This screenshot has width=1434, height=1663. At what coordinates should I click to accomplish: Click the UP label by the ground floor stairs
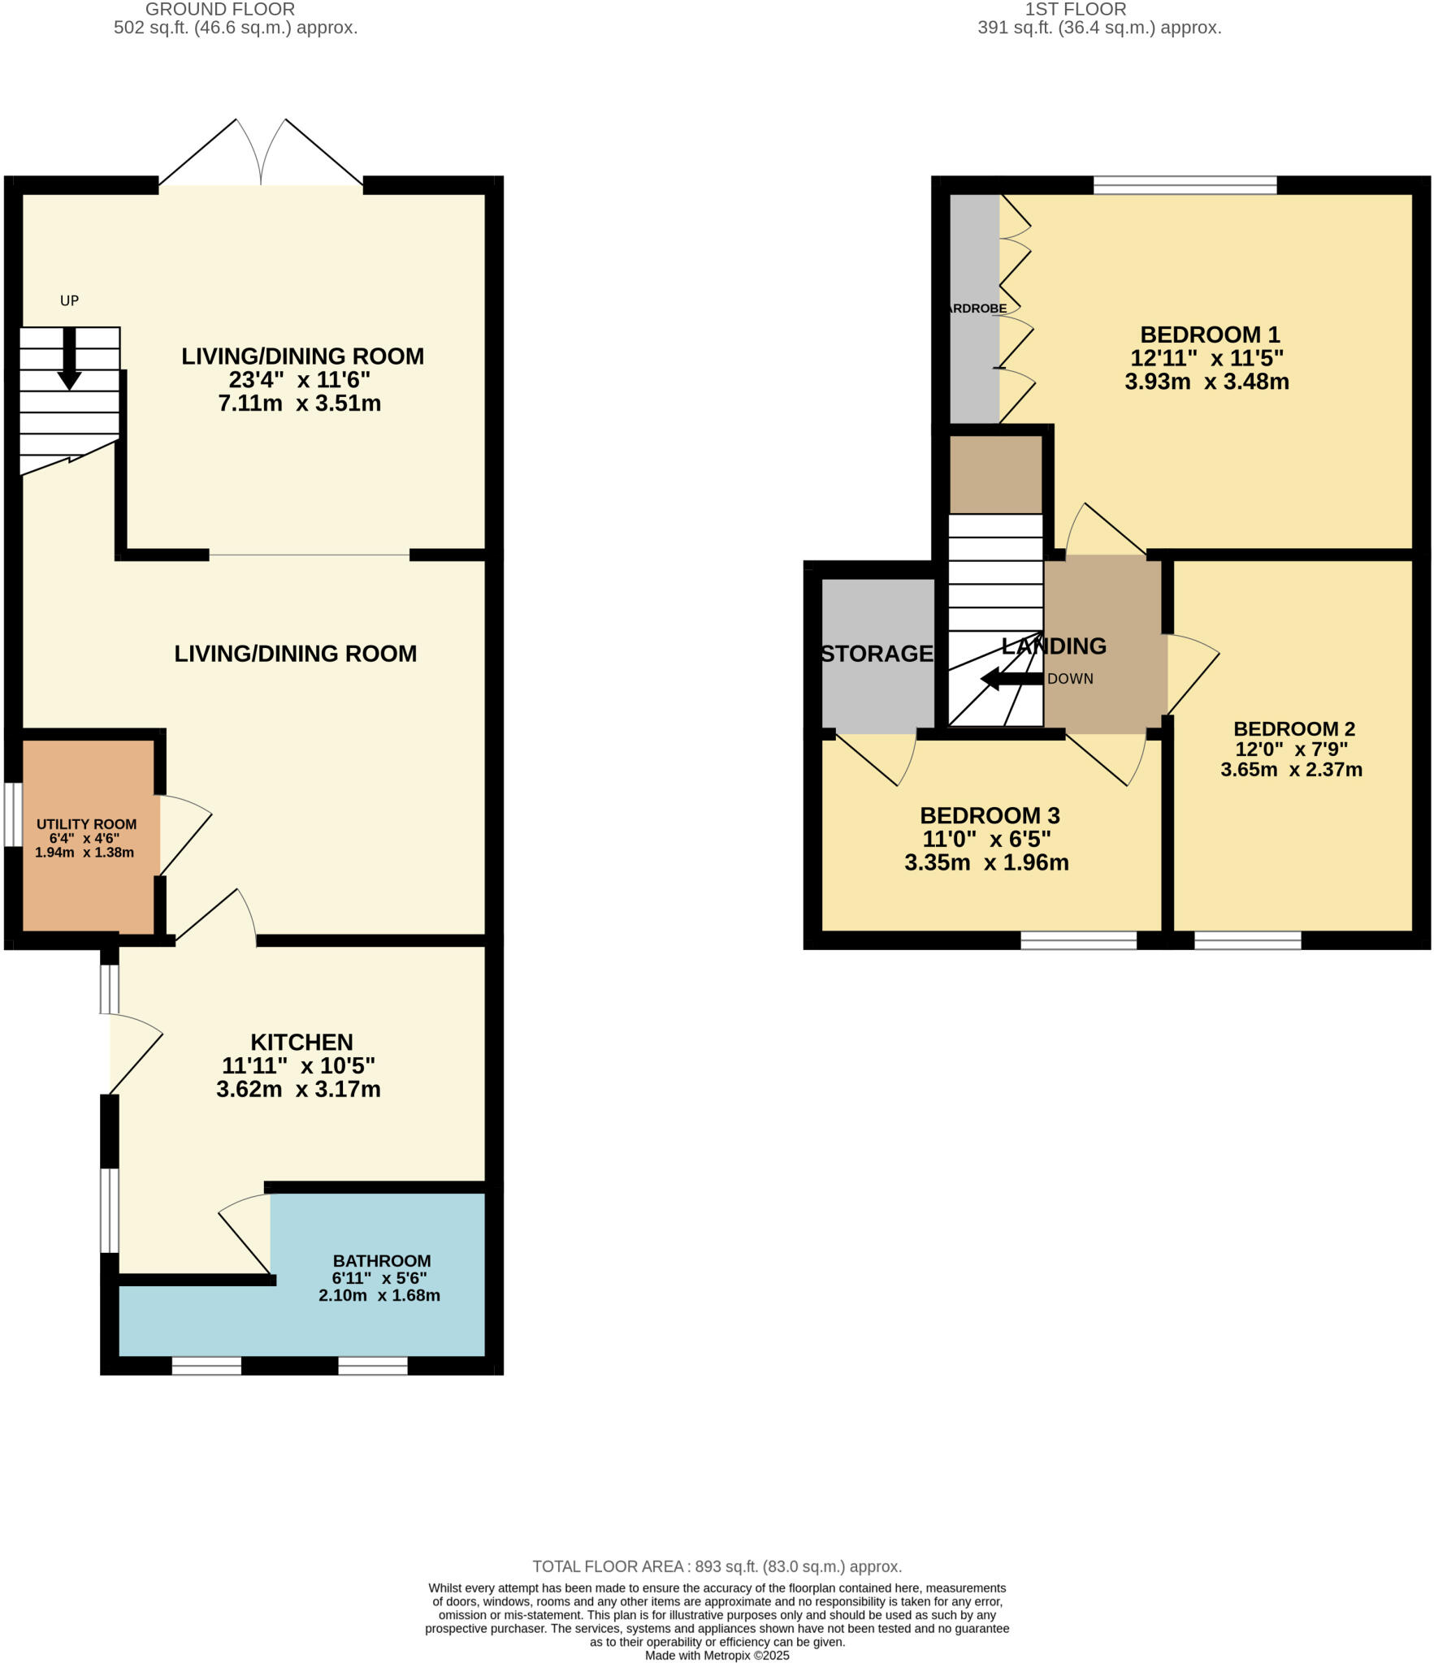[x=69, y=300]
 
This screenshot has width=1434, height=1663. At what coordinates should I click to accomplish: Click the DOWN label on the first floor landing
[x=1069, y=679]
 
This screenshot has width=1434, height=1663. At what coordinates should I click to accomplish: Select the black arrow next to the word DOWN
[x=1012, y=679]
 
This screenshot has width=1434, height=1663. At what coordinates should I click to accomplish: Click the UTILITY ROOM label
[x=86, y=824]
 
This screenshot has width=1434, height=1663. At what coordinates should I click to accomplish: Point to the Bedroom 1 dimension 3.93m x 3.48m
[x=1206, y=382]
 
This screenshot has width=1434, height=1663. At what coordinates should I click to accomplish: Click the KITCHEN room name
[x=301, y=1042]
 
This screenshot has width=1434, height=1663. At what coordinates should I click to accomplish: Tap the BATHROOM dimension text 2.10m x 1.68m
[x=379, y=1295]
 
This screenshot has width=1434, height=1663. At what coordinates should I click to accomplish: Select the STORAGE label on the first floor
[x=876, y=654]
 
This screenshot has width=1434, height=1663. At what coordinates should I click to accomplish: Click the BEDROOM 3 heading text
[x=989, y=815]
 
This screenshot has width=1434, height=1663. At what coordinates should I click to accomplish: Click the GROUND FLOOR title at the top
[x=219, y=10]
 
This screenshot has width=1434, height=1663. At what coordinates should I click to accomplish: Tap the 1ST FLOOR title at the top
[x=1074, y=10]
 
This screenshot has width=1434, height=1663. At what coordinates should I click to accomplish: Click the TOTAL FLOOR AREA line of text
[x=717, y=1566]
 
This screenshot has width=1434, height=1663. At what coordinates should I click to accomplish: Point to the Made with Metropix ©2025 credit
[x=717, y=1655]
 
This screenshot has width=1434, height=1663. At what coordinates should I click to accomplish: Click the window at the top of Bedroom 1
[x=1184, y=185]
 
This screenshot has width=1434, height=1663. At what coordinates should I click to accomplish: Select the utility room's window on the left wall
[x=12, y=814]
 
